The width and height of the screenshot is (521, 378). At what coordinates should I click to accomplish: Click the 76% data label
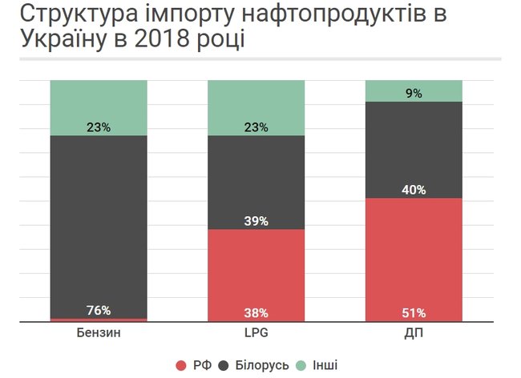point(99,311)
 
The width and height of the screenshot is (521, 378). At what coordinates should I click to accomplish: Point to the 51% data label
point(414,312)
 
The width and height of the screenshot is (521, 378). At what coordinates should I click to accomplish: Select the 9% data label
point(414,94)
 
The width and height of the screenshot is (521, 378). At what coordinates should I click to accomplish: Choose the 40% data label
point(414,190)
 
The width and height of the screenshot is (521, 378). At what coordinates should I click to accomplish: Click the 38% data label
point(256,312)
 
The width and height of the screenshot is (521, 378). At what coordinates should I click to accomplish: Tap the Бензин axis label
point(99,332)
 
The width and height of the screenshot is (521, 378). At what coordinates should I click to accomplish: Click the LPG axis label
point(256,332)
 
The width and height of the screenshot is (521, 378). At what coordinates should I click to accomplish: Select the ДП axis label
point(414,332)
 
